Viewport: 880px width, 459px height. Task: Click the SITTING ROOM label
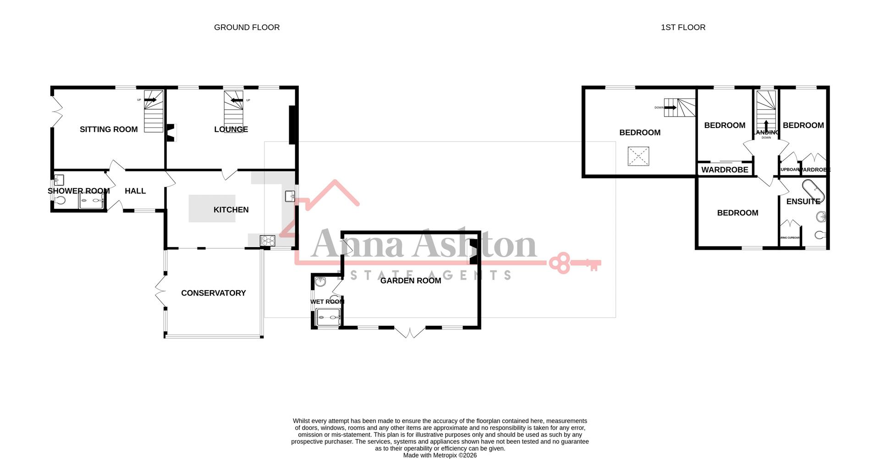coord(109,129)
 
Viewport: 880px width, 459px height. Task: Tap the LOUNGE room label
coord(231,129)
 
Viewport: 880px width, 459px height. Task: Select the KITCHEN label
coord(231,210)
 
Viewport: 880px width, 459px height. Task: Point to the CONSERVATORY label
coord(214,293)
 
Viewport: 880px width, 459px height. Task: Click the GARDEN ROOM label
coord(411,280)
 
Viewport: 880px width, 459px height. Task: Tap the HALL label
coord(135,191)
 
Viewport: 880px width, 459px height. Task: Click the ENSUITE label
coord(803,202)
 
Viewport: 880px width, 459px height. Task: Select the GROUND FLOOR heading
coord(247,28)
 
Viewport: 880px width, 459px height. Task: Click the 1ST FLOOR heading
coord(683,28)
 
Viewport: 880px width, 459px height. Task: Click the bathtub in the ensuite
coord(814,191)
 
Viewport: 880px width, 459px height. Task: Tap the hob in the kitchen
coord(267,241)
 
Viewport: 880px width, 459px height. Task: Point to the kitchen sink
coord(290,196)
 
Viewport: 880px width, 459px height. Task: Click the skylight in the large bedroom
coord(638,156)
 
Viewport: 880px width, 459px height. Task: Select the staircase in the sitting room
coord(154,111)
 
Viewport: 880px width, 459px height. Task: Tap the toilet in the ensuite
coord(820,235)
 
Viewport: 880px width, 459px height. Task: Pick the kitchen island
coord(212,209)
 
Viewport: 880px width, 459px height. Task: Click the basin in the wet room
coord(320,282)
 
